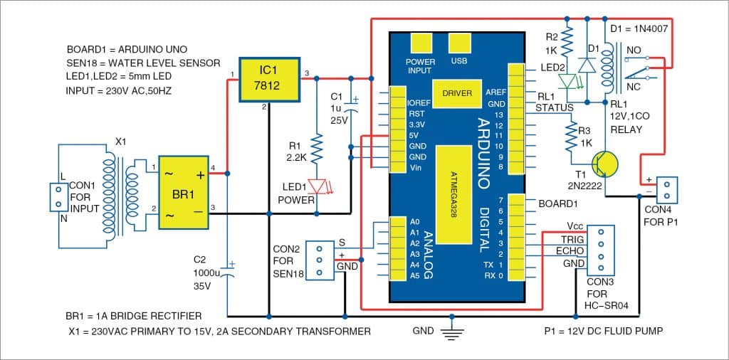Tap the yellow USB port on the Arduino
click(x=459, y=44)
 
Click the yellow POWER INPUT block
click(x=420, y=44)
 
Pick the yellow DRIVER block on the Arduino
click(x=456, y=93)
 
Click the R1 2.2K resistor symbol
click(x=317, y=148)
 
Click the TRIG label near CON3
click(x=572, y=240)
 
